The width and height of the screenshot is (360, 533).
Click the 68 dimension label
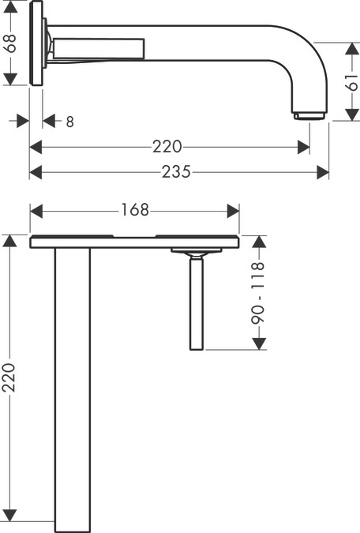[x=11, y=43]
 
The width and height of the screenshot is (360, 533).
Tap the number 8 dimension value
[x=69, y=122]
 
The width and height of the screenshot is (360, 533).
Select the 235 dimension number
[x=176, y=171]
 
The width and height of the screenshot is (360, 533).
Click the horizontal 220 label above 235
[x=167, y=147]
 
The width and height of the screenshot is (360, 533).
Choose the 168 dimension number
[x=135, y=210]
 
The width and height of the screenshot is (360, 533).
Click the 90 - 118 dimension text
[x=258, y=294]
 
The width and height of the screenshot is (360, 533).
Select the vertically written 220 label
[x=9, y=377]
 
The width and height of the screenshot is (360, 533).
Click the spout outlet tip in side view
[x=309, y=116]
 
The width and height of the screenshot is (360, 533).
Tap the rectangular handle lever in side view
[x=99, y=48]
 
